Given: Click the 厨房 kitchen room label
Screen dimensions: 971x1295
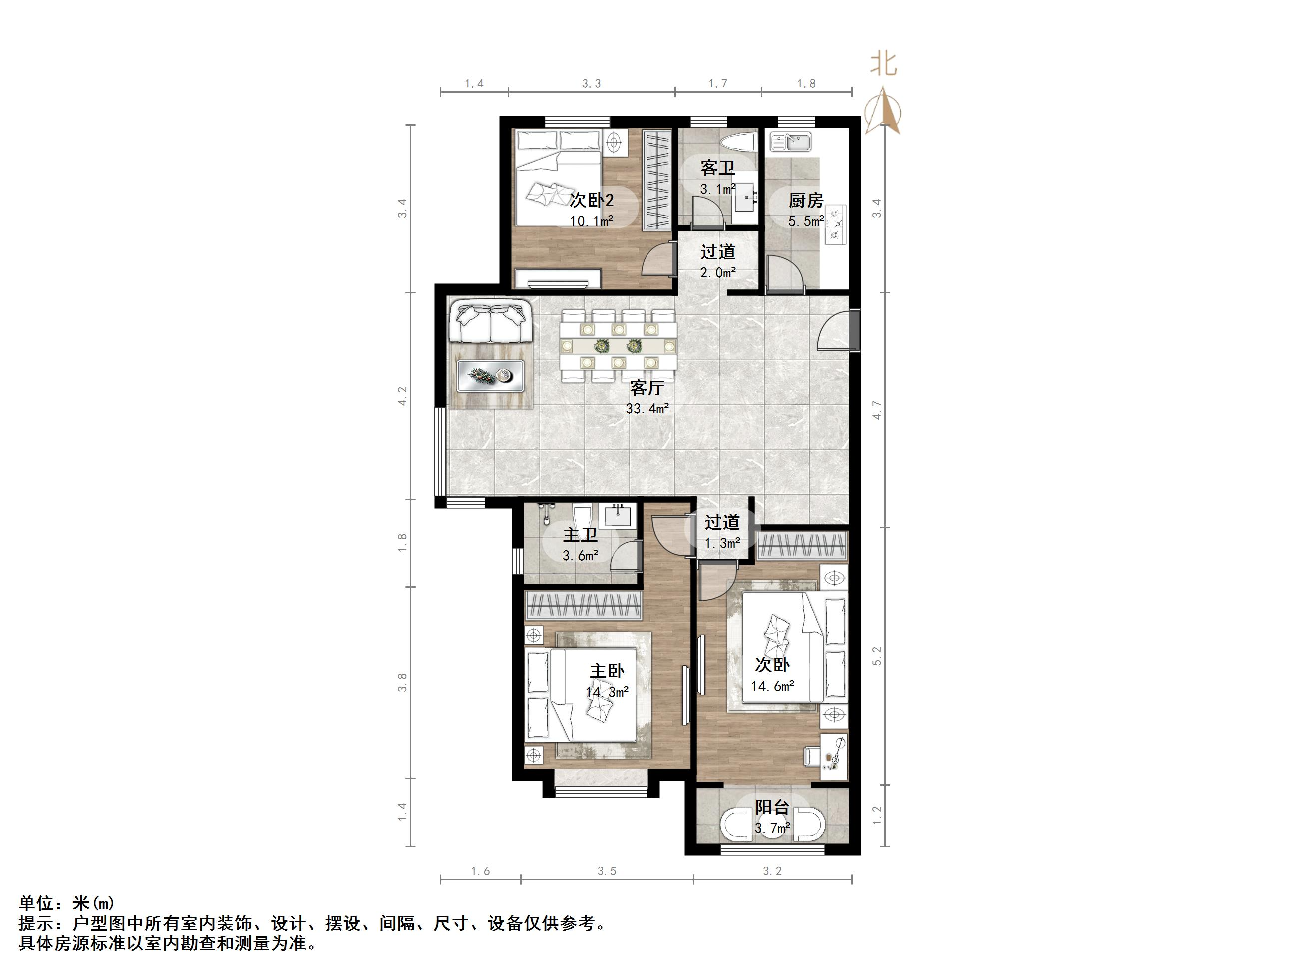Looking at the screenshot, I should coord(805,201).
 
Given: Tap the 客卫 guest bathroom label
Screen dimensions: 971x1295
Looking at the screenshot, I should coord(718,168).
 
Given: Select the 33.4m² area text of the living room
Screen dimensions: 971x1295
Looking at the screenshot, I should coord(647,409).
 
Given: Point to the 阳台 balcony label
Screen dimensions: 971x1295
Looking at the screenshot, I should coord(772,808).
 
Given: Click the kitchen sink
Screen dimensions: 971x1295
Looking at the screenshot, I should coord(790,142).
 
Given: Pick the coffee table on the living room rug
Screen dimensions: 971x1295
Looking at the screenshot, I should coord(490,374).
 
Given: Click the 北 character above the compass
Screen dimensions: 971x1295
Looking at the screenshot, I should coord(883,64).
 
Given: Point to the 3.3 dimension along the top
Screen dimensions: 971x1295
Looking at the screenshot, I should coord(592,84).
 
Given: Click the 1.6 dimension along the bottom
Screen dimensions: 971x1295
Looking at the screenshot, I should coord(480,872).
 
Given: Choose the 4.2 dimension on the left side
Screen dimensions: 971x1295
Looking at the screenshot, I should coord(402,396).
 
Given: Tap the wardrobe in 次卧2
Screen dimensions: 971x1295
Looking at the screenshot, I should coord(656,180).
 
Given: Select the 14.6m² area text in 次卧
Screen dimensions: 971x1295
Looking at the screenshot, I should coord(773,686).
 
